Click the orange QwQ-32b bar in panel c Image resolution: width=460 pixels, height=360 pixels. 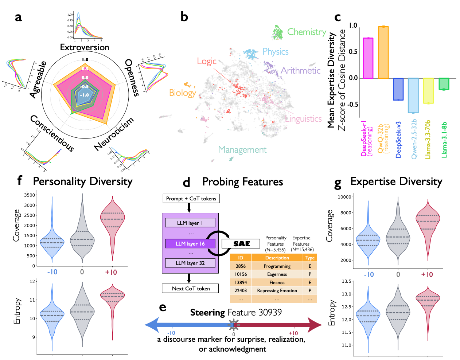point(383,52)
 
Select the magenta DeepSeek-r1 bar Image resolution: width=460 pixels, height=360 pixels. point(368,58)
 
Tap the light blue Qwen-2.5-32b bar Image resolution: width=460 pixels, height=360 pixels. point(413,95)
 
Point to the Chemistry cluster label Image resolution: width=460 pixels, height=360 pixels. point(307,32)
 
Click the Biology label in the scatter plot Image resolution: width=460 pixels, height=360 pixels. point(182,93)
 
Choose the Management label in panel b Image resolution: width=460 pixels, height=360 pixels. point(242,150)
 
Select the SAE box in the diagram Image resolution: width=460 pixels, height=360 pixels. point(241,244)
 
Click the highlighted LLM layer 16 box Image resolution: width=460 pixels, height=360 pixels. point(190,244)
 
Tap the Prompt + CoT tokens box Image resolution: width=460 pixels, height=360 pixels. point(191,199)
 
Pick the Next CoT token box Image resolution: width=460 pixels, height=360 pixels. point(191,289)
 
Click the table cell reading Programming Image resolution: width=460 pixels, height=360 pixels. point(277,266)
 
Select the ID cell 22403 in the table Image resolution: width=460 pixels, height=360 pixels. point(241,291)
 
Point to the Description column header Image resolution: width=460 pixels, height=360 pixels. point(277,258)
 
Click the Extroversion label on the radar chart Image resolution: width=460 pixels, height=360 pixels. point(85,47)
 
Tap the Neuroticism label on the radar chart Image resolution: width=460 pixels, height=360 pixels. point(114,134)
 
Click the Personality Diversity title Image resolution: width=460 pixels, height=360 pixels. point(83,181)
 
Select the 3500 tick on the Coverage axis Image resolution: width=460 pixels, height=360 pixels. point(30,195)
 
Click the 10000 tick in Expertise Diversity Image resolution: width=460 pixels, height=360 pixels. point(344,197)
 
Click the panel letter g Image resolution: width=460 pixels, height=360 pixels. point(338,184)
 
